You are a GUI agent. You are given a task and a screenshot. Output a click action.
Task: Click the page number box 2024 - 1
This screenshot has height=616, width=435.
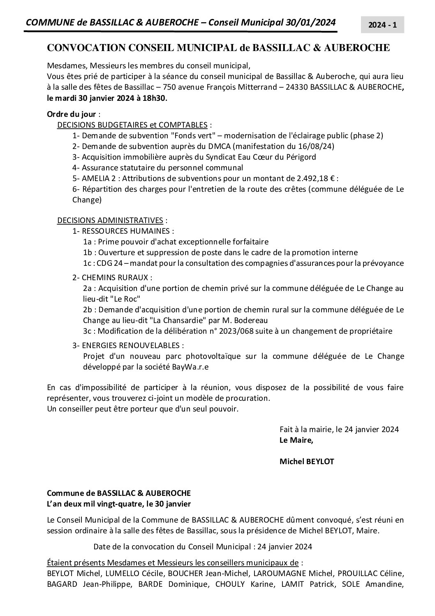click(382, 25)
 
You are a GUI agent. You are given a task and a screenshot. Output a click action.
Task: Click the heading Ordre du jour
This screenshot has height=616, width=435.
click(72, 114)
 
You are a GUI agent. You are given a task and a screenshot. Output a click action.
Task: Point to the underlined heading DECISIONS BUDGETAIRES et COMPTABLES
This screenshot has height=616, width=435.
click(132, 125)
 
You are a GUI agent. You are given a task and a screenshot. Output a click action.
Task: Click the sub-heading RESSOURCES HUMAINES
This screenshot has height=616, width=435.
click(125, 231)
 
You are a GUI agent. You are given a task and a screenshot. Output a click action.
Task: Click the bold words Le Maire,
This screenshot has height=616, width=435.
click(296, 440)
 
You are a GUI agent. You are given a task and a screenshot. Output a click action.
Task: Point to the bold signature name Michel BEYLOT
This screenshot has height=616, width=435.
click(307, 462)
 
